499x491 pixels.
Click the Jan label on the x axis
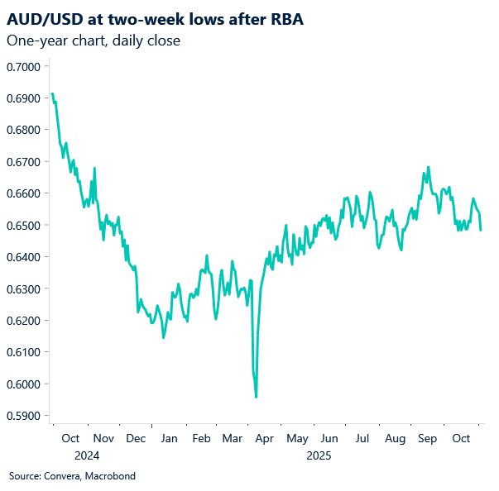pos(168,438)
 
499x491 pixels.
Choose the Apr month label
pos(265,438)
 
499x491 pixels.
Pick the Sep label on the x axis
pos(427,438)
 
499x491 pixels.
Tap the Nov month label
pos(103,438)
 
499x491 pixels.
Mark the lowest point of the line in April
pos(256,397)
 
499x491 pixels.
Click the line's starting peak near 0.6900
pos(52,94)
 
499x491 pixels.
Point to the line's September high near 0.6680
pos(428,167)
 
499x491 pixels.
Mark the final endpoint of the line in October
pos(481,230)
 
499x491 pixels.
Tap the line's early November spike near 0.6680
pos(94,169)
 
